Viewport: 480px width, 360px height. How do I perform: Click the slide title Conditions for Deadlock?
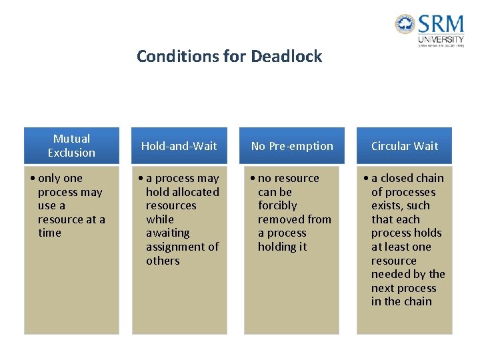(x=229, y=56)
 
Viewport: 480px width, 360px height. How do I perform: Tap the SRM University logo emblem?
(x=405, y=25)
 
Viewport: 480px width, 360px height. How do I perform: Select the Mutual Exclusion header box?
(x=71, y=145)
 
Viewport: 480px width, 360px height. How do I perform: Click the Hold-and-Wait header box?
(x=179, y=145)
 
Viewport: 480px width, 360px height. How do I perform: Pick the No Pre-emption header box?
(x=292, y=145)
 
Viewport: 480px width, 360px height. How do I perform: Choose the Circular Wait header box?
(x=405, y=145)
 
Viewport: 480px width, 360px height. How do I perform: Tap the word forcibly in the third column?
(x=277, y=205)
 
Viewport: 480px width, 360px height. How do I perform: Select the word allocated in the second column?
(x=195, y=192)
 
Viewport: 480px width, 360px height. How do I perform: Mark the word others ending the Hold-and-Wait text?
(x=163, y=261)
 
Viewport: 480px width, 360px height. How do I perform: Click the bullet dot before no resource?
(x=253, y=179)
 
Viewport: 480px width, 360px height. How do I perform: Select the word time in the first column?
(x=49, y=233)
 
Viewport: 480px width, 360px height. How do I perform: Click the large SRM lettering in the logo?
(x=441, y=25)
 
